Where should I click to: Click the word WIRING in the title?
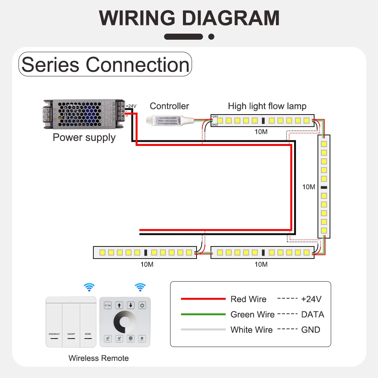click(x=137, y=18)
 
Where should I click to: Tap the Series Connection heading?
click(x=105, y=65)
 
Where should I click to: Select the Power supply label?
click(x=84, y=137)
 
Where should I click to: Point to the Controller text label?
click(x=169, y=106)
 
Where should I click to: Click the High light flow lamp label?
click(x=267, y=106)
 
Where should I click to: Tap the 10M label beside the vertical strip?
click(x=308, y=187)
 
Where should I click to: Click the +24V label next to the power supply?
click(x=131, y=106)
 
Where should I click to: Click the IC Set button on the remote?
click(x=108, y=305)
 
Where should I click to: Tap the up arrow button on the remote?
click(x=119, y=305)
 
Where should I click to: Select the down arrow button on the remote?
click(x=131, y=305)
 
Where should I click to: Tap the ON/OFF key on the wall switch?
click(x=71, y=334)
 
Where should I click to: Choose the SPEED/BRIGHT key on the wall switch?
click(x=54, y=334)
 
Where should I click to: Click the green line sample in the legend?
click(x=203, y=314)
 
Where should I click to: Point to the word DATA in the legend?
click(x=313, y=314)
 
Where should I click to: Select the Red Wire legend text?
click(x=248, y=299)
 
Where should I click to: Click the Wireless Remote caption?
click(x=99, y=358)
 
